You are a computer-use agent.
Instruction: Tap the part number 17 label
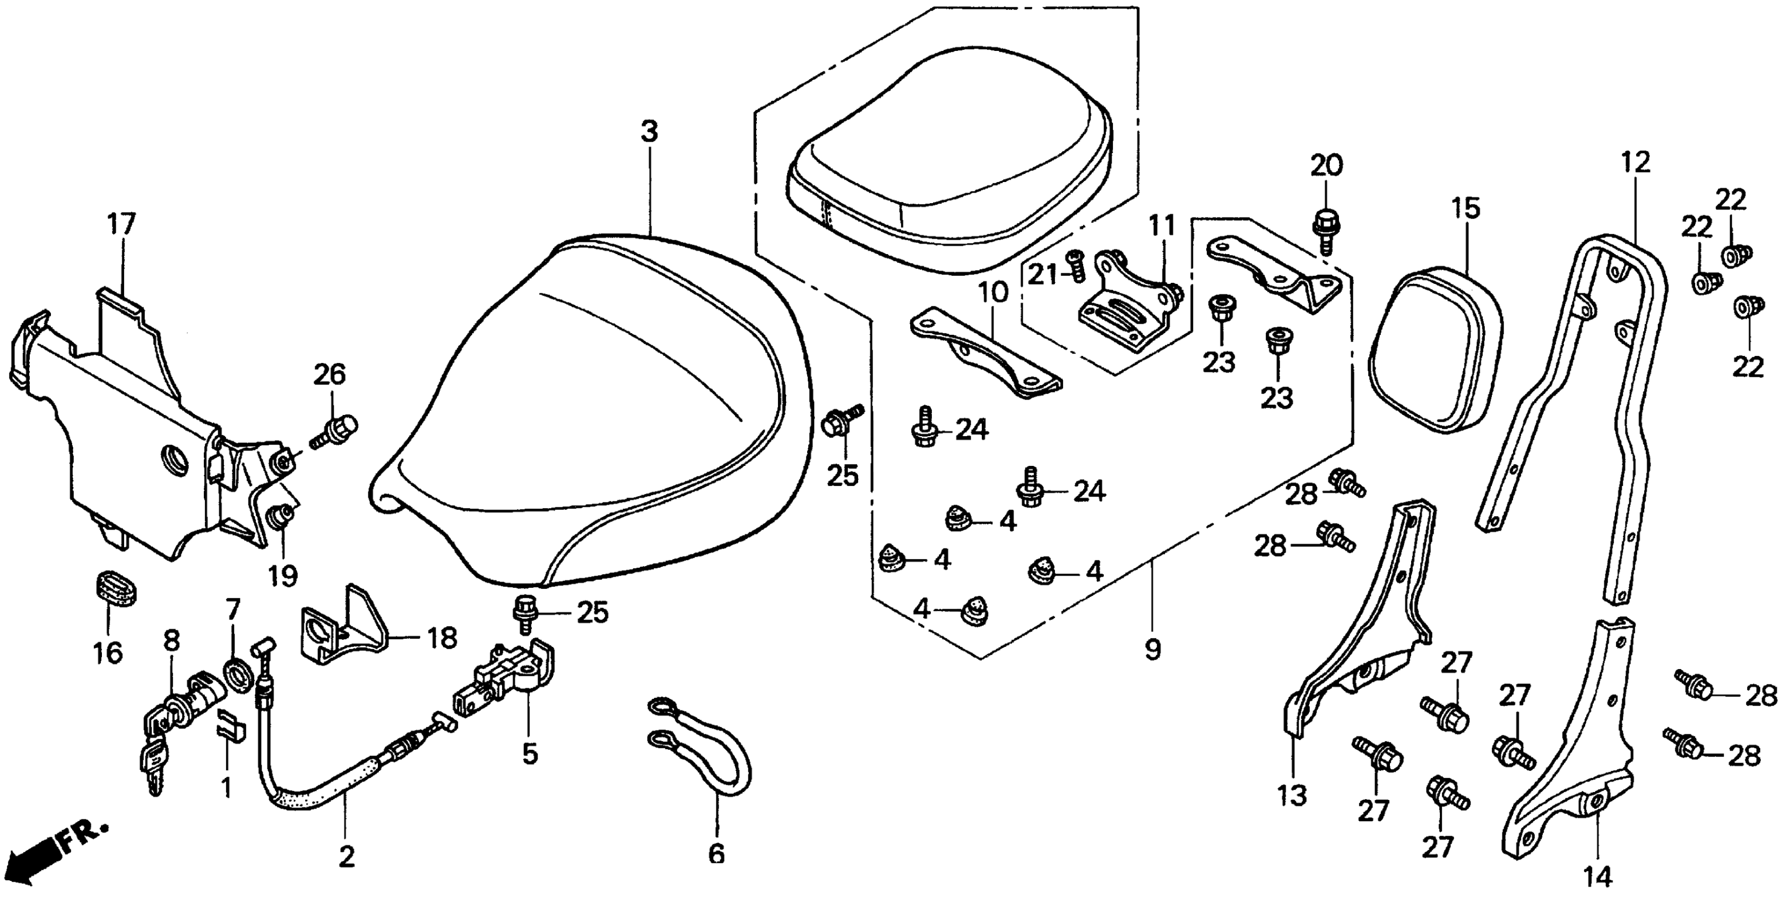pos(122,225)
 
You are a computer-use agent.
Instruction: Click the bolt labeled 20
pos(1326,229)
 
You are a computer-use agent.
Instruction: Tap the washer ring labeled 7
pos(238,677)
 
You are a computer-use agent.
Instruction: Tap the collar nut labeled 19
pos(280,517)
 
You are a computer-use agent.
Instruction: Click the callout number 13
pos(1292,795)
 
